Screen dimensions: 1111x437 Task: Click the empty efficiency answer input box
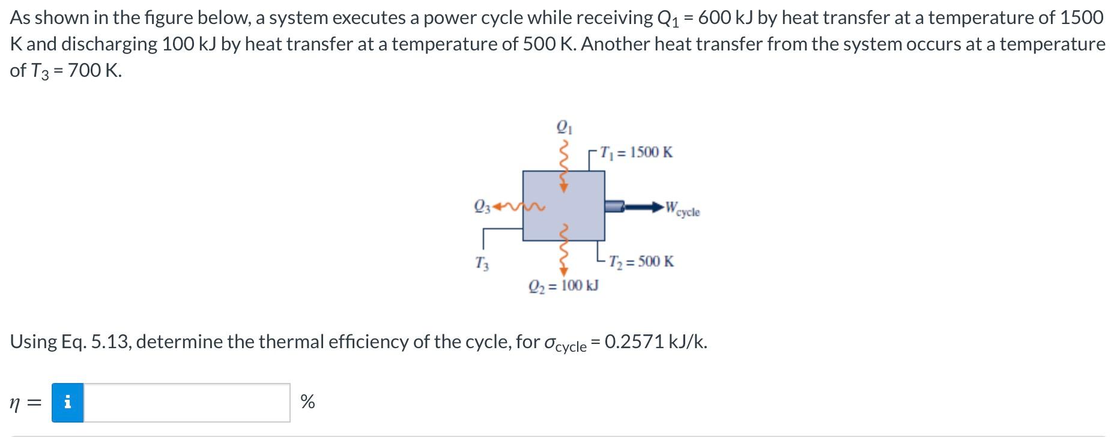(x=186, y=402)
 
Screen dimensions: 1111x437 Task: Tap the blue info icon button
(x=67, y=402)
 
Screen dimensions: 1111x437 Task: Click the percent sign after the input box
(x=307, y=402)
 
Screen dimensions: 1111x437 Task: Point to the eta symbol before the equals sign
(x=16, y=403)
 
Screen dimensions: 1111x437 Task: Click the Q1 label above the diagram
(x=563, y=127)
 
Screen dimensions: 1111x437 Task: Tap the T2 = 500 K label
(x=641, y=262)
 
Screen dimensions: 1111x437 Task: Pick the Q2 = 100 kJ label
(x=563, y=286)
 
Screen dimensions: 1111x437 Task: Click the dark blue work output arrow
(x=643, y=207)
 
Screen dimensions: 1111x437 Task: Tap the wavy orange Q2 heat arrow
(x=563, y=249)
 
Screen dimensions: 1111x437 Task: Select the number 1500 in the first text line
(x=1081, y=17)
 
